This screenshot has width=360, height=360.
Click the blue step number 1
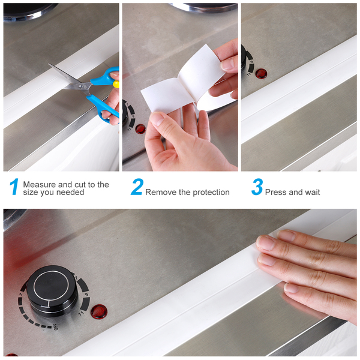point(14,187)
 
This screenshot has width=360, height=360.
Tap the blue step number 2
point(137,187)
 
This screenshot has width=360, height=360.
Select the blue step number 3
point(257,187)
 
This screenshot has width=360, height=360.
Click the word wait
point(312,192)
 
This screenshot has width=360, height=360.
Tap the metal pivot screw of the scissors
point(80,86)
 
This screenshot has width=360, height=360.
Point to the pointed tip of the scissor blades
point(49,64)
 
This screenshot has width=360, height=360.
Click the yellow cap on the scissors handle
point(116,84)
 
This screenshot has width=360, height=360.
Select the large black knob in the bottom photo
point(52,291)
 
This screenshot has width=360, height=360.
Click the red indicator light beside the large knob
point(99,311)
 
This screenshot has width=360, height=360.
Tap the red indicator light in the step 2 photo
point(140,129)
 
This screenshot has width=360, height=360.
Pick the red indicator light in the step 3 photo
point(262,73)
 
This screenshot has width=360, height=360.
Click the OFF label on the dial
point(56,327)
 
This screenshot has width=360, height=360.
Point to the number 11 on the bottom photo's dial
point(81,313)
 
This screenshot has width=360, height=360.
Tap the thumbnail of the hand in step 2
point(157,118)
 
